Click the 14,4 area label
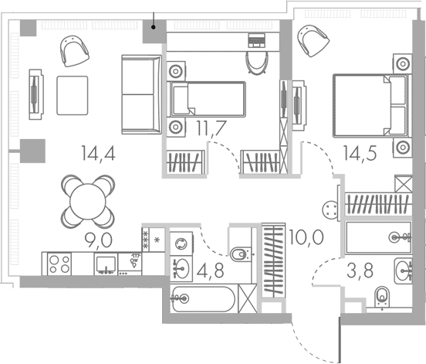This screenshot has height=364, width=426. point(98,154)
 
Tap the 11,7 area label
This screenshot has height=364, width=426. point(211,128)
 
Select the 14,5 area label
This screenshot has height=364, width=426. point(360,153)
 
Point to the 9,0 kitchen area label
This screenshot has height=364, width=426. point(98,240)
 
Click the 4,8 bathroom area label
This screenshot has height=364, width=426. point(210,271)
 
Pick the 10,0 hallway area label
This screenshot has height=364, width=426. point(306,237)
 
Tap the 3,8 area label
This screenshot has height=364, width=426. point(360,271)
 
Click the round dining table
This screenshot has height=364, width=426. point(88,202)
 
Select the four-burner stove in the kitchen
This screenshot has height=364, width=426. point(59,264)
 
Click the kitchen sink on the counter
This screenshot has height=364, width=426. point(106,264)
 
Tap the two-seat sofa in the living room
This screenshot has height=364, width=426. point(141,94)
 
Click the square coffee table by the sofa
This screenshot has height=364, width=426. point(73,95)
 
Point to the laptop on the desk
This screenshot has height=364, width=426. point(256,40)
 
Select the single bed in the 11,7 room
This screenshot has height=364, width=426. point(208,99)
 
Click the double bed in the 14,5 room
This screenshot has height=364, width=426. point(372,106)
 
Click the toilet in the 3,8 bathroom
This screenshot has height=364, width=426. point(382,297)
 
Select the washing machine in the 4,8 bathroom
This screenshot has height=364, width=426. point(181,243)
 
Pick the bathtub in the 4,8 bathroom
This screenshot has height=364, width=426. point(203,298)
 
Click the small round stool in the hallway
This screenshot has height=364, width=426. point(330,209)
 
